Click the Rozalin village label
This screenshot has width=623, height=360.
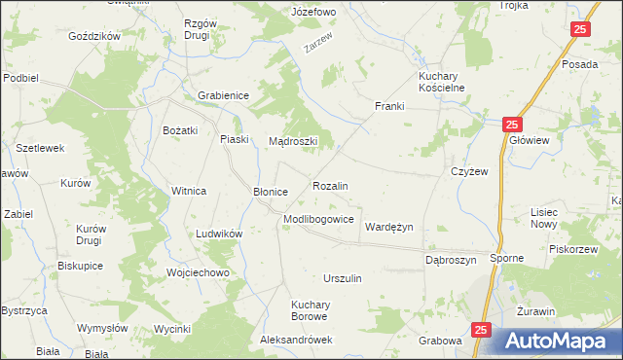[x=330, y=185]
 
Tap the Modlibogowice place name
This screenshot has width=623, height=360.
[x=318, y=220]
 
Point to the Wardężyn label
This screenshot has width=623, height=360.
[x=388, y=227]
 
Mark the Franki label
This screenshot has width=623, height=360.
[x=389, y=106]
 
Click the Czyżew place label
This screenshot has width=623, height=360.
[x=468, y=170]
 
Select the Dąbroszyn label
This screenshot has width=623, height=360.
[x=451, y=261]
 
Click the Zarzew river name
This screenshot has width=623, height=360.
[x=318, y=45]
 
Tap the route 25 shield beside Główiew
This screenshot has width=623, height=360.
[x=513, y=126]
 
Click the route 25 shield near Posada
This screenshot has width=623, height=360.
[x=579, y=30]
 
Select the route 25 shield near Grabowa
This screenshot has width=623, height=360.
[x=481, y=331]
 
